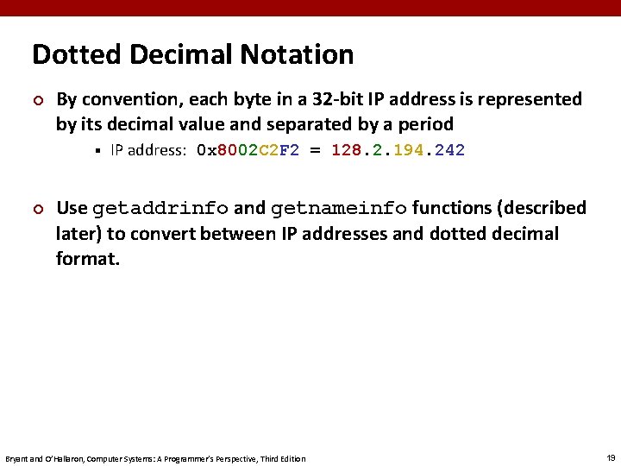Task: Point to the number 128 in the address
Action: point(347,150)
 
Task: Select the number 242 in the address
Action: point(449,150)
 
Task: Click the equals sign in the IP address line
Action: point(315,150)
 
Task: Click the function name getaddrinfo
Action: point(160,209)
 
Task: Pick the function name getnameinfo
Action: point(339,209)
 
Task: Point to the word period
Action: point(428,124)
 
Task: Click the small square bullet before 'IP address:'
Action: point(99,151)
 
